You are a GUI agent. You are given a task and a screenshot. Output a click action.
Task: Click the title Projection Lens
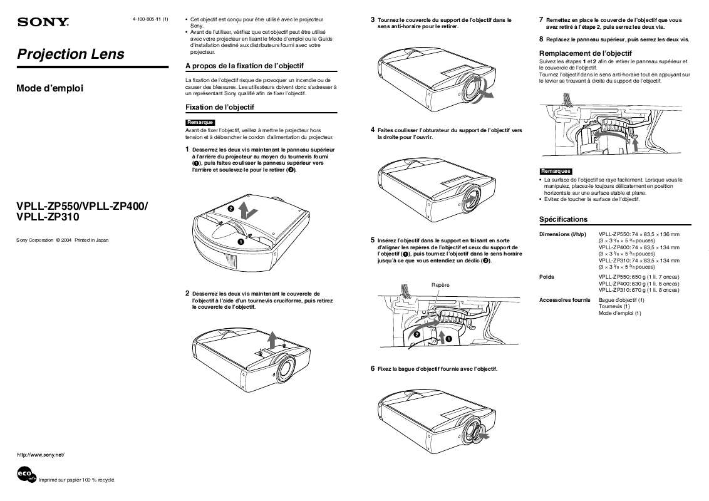pyautogui.click(x=70, y=54)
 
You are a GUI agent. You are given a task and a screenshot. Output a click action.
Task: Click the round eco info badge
pyautogui.click(x=27, y=475)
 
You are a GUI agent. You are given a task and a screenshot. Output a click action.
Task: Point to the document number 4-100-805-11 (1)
pyautogui.click(x=150, y=20)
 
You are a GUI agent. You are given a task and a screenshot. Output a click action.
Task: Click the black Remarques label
pyautogui.click(x=556, y=171)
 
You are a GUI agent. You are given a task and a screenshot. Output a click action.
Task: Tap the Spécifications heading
pyautogui.click(x=564, y=219)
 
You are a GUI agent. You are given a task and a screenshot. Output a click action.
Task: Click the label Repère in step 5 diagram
pyautogui.click(x=440, y=285)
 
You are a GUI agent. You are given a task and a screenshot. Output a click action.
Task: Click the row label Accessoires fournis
pyautogui.click(x=564, y=300)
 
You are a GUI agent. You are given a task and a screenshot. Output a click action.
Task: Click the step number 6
pyautogui.click(x=373, y=369)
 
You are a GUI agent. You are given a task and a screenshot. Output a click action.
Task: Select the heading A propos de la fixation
pyautogui.click(x=244, y=66)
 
